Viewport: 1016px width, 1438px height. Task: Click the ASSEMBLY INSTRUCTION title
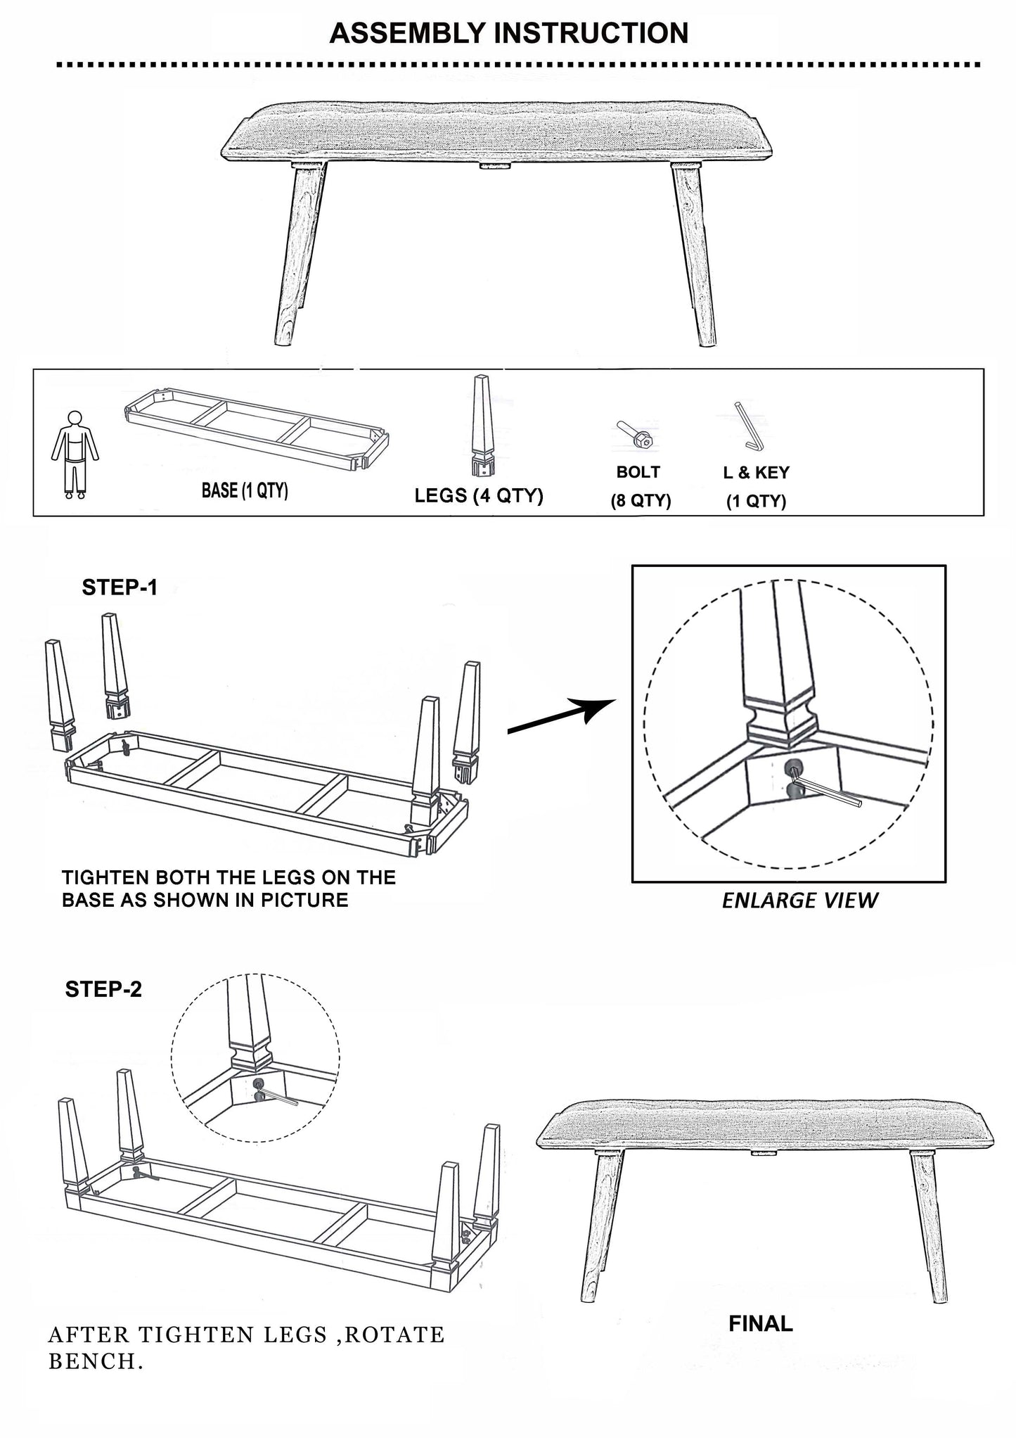coord(508,33)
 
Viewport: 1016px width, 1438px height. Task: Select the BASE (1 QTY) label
coord(245,490)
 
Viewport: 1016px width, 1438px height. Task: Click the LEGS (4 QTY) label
coord(479,495)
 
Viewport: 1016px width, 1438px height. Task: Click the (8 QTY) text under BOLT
coord(641,501)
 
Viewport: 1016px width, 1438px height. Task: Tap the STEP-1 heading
coord(120,587)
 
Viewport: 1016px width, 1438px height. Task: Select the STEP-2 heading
coord(103,989)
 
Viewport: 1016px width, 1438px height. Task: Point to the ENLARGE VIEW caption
coord(799,901)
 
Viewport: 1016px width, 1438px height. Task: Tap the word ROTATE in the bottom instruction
coord(395,1335)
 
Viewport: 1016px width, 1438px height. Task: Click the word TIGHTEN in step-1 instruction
coord(105,877)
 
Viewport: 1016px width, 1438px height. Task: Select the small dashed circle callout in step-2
coord(255,1057)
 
